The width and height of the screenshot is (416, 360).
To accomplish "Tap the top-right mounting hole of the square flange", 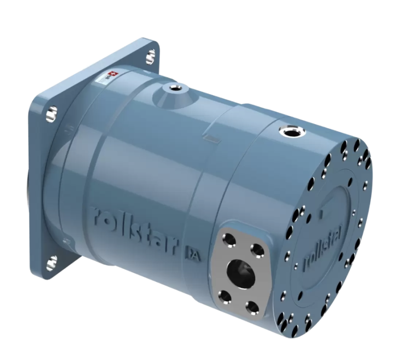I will point(150,54).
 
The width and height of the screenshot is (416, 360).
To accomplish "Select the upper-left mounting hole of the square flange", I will point(52,111).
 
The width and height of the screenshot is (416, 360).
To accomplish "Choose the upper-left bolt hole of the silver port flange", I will point(228,239).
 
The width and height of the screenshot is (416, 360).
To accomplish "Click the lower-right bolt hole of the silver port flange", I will point(253,306).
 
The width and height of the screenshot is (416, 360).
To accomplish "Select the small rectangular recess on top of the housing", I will point(213,139).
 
